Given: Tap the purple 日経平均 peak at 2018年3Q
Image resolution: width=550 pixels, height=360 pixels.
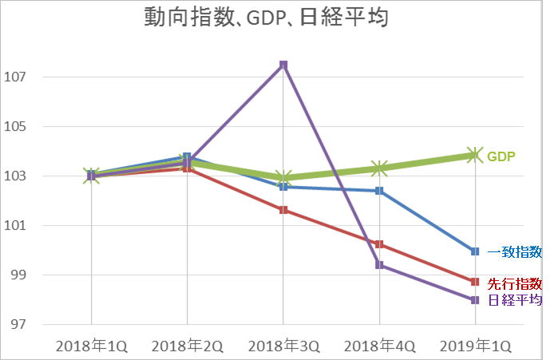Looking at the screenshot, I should click(283, 65).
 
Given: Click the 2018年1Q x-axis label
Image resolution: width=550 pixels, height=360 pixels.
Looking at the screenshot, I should click(91, 346).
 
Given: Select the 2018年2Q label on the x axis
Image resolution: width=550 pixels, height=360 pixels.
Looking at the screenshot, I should click(187, 346).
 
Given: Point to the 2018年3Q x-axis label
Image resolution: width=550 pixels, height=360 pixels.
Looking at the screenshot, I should click(283, 346).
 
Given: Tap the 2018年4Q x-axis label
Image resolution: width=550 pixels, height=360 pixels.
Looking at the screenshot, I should click(379, 346).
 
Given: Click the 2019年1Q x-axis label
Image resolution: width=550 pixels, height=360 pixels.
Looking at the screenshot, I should click(475, 346).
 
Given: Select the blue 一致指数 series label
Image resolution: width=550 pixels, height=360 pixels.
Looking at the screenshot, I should click(515, 252).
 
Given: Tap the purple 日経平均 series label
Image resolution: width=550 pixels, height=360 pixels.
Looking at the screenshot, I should click(515, 300).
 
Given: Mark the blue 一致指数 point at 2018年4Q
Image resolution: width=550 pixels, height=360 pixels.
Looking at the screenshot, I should click(379, 191).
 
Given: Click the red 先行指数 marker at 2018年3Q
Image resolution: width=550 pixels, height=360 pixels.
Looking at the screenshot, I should click(283, 210).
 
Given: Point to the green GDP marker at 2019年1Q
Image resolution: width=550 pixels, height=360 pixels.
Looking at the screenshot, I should click(475, 155).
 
